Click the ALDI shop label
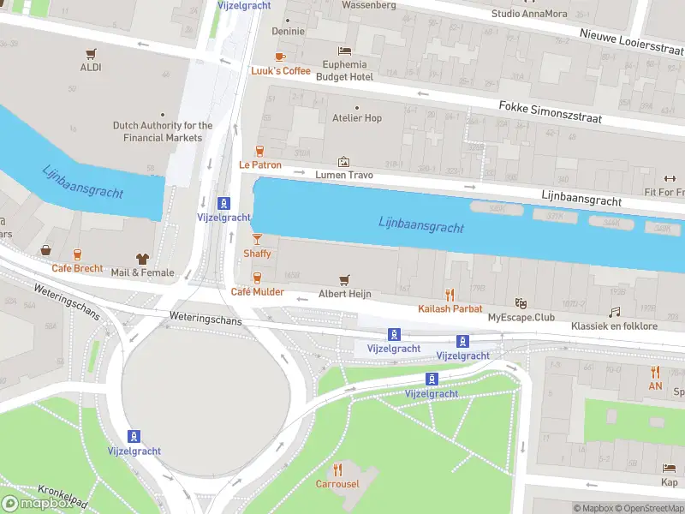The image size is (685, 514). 91,67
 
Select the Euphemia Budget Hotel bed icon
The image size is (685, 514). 344,51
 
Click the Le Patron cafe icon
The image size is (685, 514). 259,151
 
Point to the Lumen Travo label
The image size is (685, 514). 343,175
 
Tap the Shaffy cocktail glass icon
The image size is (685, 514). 257,239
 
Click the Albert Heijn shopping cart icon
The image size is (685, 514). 344,280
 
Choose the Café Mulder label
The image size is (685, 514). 257,292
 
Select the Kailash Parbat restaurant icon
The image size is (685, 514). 450,296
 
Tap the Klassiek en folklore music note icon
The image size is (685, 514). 614,313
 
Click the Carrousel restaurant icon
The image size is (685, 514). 337,469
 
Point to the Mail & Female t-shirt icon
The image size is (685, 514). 142,259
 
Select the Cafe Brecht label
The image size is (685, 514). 77,268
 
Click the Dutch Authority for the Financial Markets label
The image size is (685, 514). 163,131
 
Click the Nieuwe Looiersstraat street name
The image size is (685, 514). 631,42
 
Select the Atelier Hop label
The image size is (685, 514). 356,118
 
